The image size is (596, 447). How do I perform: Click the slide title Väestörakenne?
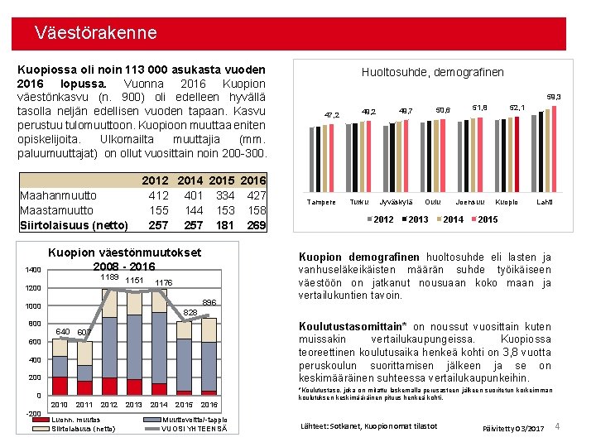click(x=95, y=33)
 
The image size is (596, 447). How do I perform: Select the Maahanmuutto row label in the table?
click(x=58, y=195)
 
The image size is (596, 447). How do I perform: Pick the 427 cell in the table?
click(x=257, y=195)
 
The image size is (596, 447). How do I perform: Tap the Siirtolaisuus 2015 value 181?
click(x=226, y=225)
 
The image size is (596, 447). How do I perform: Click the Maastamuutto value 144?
click(x=194, y=210)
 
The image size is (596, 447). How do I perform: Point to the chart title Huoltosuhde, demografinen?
click(x=432, y=72)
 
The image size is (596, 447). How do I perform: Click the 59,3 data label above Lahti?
click(x=554, y=97)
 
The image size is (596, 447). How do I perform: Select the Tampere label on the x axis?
click(x=321, y=202)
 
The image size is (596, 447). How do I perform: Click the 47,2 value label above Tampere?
click(x=331, y=114)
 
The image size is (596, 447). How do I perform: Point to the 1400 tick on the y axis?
click(x=32, y=270)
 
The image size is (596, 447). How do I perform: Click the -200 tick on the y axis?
click(x=32, y=413)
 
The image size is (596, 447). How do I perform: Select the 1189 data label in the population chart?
click(x=109, y=277)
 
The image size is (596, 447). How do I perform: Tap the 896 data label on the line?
click(x=209, y=303)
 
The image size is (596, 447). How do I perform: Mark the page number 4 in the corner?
click(x=558, y=427)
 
